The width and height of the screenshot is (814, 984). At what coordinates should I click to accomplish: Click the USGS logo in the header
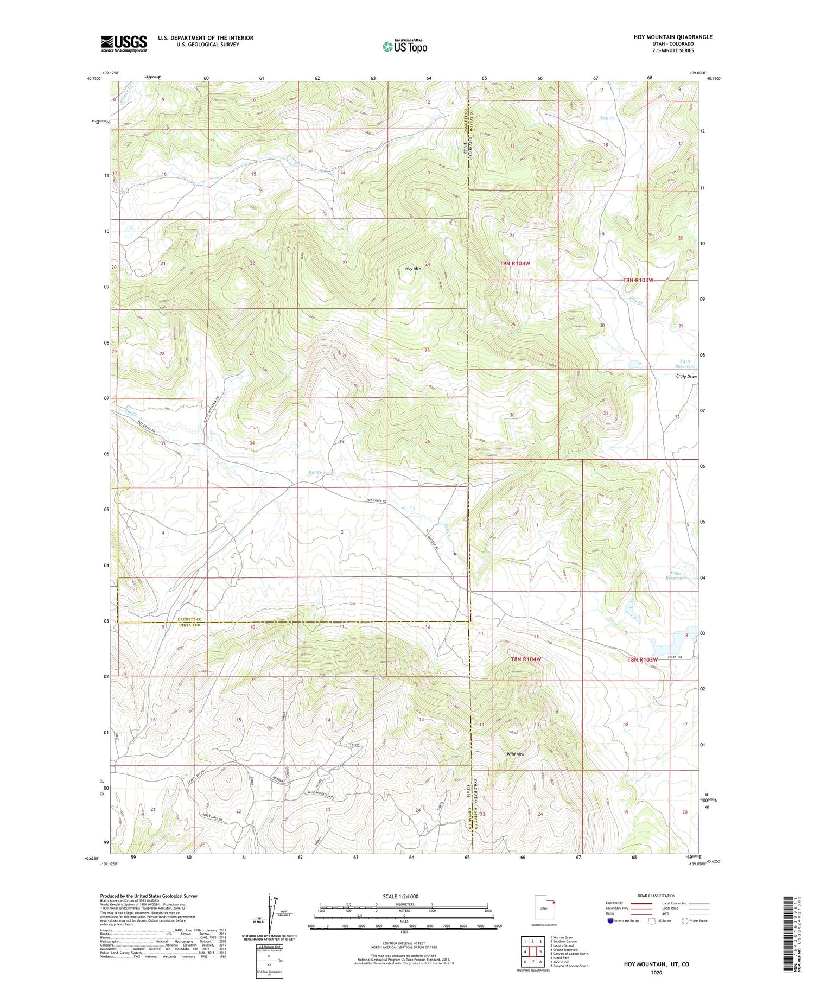tap(124, 43)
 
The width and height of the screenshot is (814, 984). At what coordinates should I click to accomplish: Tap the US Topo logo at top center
tap(404, 47)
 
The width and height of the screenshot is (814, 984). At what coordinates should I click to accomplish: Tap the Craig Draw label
tap(686, 376)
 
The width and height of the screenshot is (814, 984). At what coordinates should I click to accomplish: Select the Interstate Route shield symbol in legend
tap(610, 921)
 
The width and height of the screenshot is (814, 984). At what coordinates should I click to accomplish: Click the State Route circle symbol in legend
tap(685, 921)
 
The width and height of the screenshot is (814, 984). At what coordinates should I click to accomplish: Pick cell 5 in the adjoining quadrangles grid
tap(540, 951)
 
